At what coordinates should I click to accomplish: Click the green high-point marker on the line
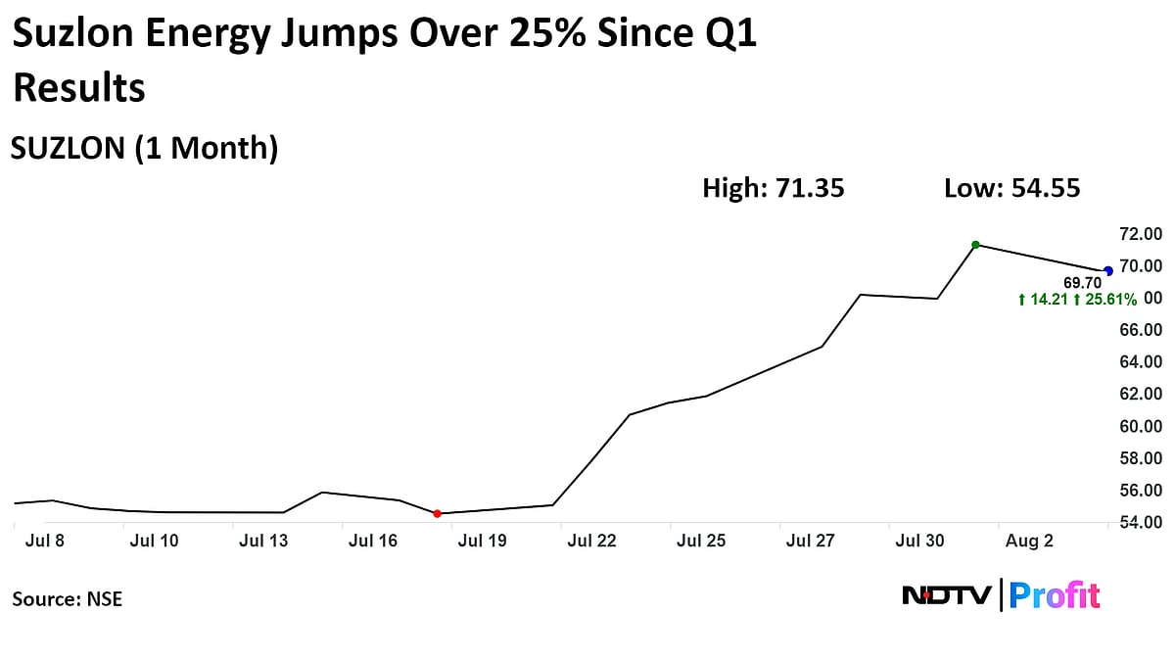(x=975, y=245)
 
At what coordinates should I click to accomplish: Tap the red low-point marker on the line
(x=437, y=513)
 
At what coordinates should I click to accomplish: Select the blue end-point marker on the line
(x=1108, y=271)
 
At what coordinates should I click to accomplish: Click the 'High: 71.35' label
(x=773, y=188)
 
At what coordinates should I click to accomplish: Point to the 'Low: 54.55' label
(x=1011, y=188)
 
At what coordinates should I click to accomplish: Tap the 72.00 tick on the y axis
(x=1142, y=234)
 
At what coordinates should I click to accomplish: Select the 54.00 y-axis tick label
(x=1142, y=522)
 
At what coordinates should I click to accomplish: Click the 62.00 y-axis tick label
(x=1142, y=394)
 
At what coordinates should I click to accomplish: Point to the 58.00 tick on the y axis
(x=1142, y=458)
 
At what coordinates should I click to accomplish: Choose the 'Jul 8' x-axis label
(x=46, y=541)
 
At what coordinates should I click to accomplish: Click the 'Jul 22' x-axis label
(x=592, y=541)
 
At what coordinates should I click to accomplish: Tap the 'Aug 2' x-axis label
(x=1029, y=541)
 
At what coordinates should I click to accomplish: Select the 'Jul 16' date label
(x=372, y=541)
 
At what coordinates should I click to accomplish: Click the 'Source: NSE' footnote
(x=68, y=598)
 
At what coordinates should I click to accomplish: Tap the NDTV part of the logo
(x=946, y=595)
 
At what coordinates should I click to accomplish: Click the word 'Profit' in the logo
(x=1055, y=595)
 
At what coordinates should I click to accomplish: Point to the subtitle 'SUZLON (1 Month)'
(x=145, y=148)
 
